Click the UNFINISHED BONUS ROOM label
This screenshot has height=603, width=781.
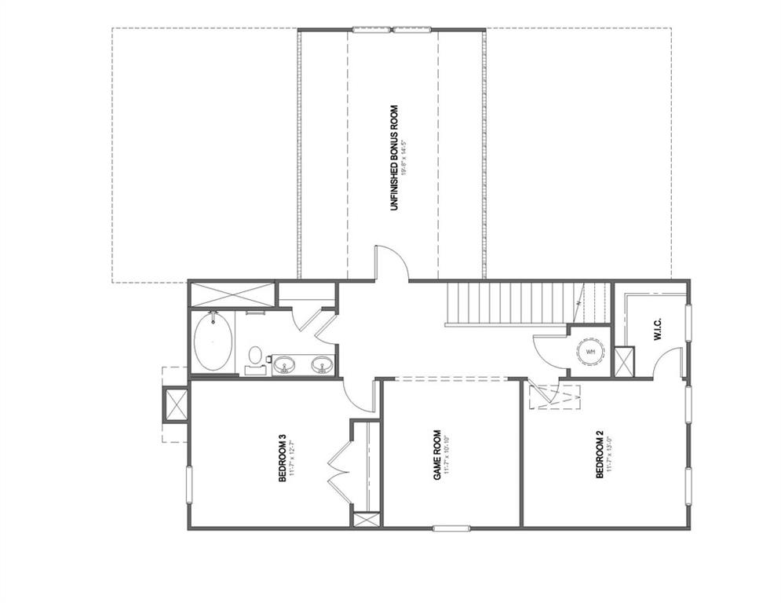point(393,157)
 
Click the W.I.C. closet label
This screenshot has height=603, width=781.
point(656,328)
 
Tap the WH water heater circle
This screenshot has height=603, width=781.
point(590,351)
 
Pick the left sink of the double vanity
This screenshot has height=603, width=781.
point(284,363)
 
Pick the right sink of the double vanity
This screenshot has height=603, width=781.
point(321,363)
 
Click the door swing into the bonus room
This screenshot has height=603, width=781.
point(391,263)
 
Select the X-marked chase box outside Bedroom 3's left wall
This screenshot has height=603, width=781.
point(173,405)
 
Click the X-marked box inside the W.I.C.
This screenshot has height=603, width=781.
point(625,361)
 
